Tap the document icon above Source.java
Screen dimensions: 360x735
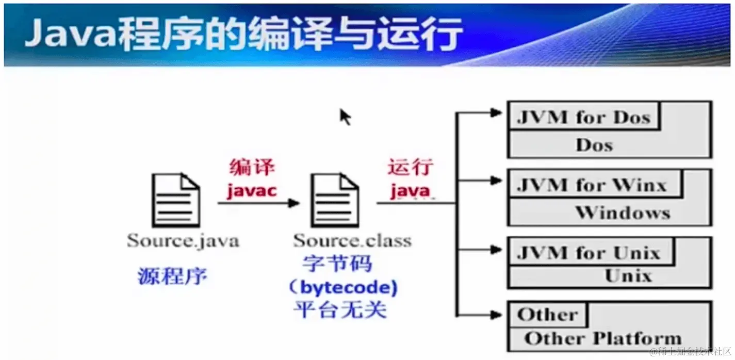tap(175, 200)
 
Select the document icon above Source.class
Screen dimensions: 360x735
tap(334, 200)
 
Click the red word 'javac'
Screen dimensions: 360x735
tap(252, 191)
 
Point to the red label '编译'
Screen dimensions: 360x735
tap(252, 168)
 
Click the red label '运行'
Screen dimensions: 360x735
tap(411, 168)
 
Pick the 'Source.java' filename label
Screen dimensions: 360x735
tap(183, 240)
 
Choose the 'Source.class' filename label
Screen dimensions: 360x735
tap(352, 240)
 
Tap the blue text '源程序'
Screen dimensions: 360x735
tap(172, 277)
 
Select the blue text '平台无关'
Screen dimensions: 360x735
tap(340, 310)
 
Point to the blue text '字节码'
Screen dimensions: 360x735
tap(337, 265)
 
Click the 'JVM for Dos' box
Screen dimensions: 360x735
tap(583, 118)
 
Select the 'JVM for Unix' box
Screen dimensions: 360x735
tap(588, 253)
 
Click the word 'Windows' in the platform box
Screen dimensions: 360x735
tap(623, 212)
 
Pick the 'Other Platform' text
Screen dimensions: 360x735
tap(602, 338)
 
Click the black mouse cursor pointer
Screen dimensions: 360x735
tap(345, 117)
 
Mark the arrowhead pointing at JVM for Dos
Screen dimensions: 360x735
tap(496, 112)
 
